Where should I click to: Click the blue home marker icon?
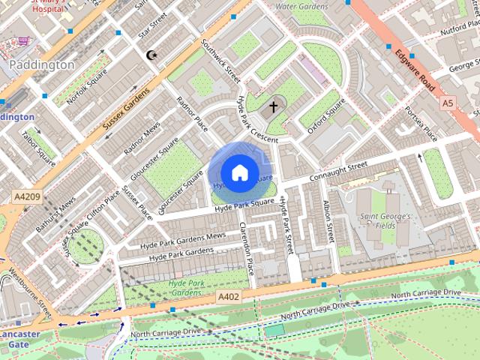click(x=239, y=172)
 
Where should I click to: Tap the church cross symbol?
click(x=274, y=106)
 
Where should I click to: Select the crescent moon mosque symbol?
click(x=152, y=55)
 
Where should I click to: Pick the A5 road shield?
click(x=448, y=102)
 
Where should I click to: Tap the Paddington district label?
click(x=42, y=65)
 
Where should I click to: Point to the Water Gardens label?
click(x=302, y=6)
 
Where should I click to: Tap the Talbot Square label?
click(x=39, y=148)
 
